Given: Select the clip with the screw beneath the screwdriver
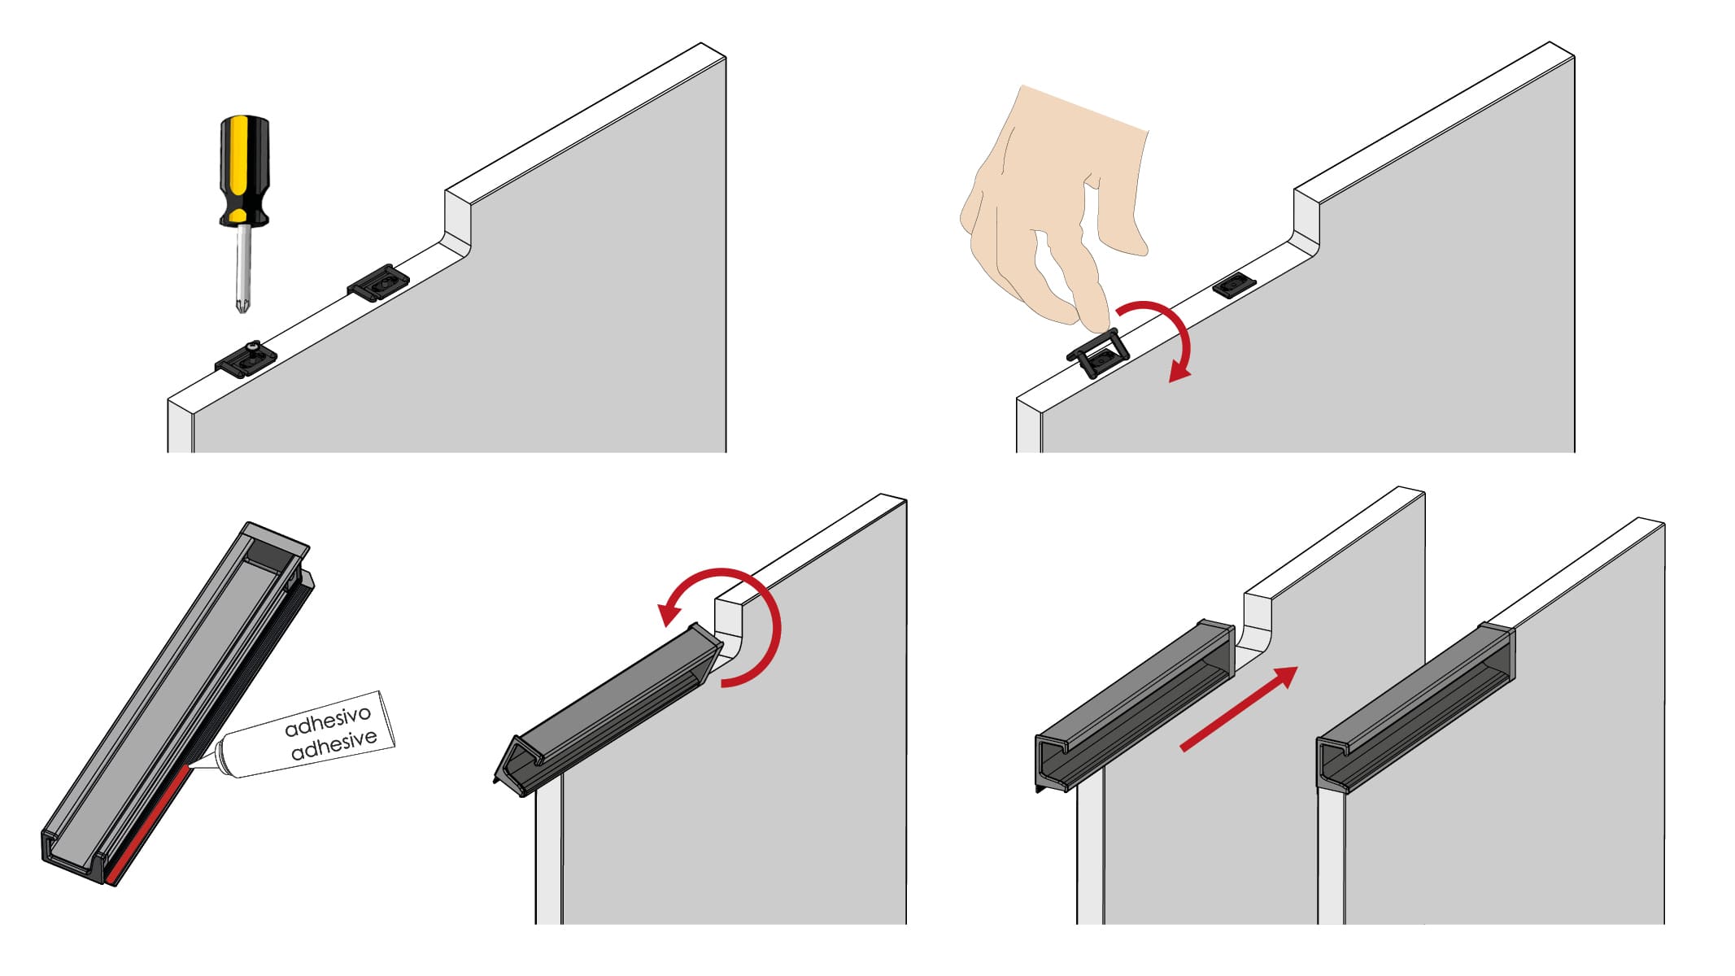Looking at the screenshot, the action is [x=246, y=359].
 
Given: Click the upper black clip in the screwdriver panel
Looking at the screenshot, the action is [x=378, y=281].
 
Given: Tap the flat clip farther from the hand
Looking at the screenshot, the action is [x=1235, y=284].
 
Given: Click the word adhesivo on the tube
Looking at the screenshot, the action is [x=328, y=720].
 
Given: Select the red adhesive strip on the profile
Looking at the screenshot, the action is [x=149, y=823].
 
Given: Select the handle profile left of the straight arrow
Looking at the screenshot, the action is [x=1136, y=704].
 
